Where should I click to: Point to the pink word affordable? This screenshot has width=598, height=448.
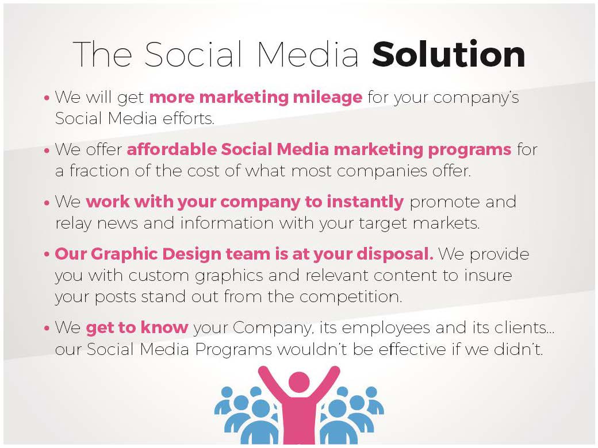point(170,150)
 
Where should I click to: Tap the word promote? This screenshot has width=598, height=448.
point(446,203)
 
